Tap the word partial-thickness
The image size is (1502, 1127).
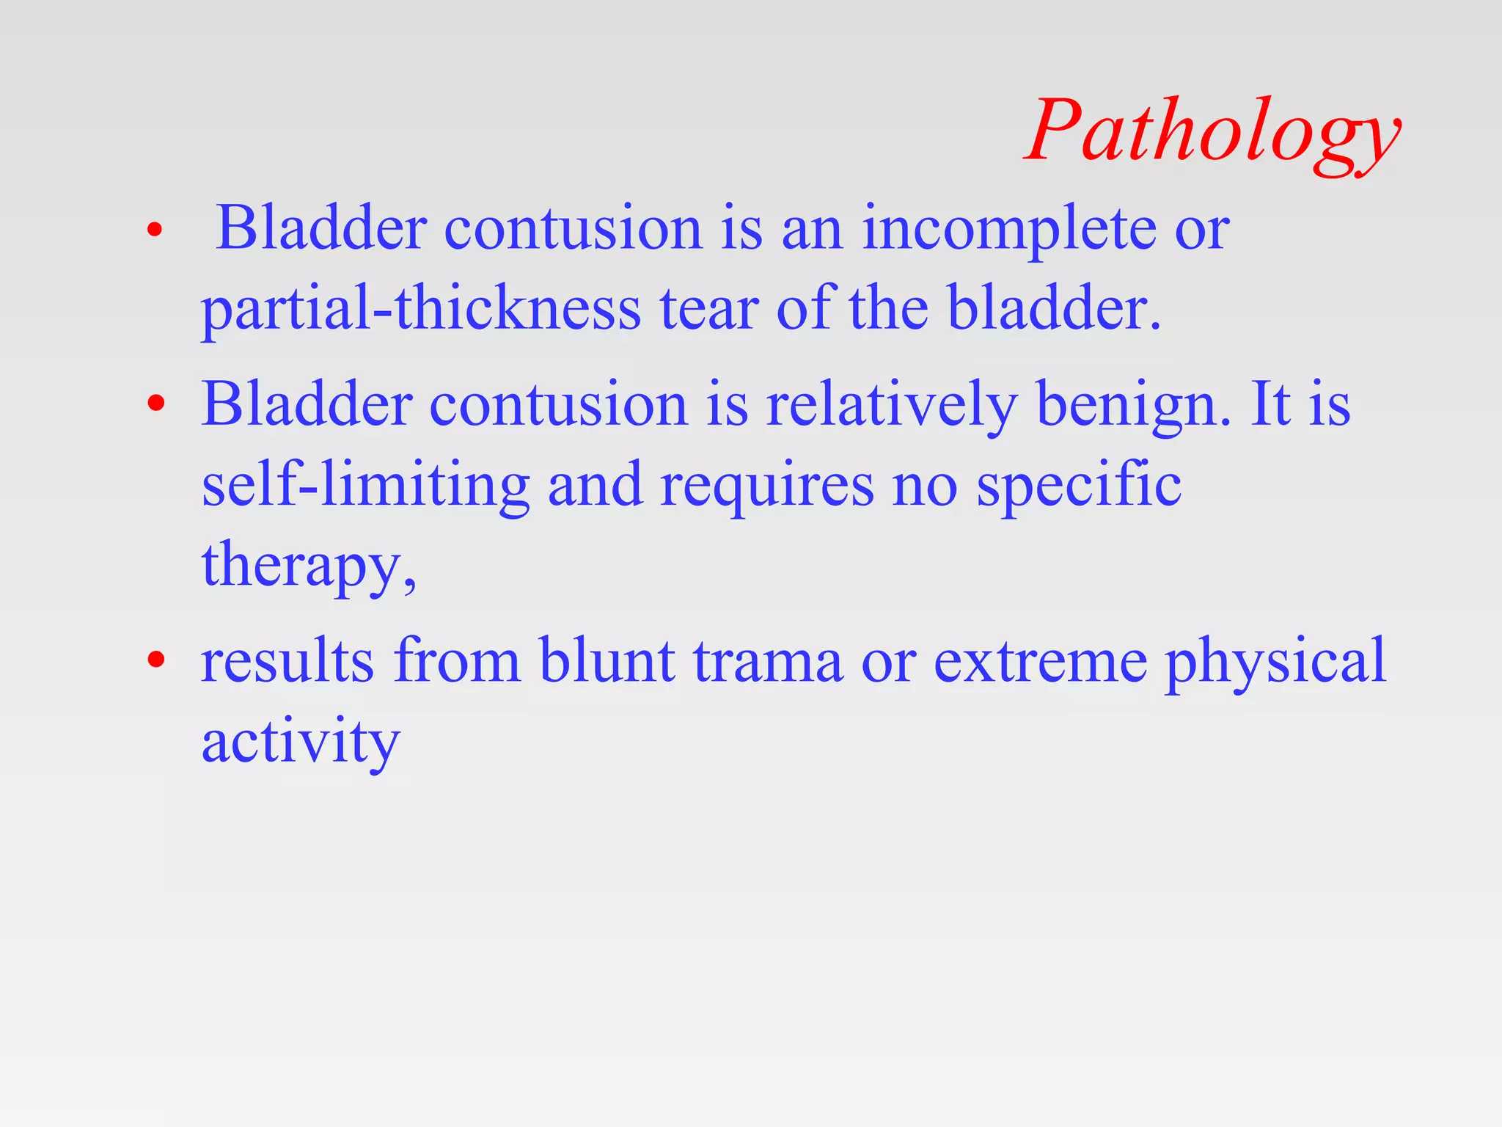click(421, 308)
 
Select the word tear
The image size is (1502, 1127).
click(708, 308)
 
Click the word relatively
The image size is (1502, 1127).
click(891, 405)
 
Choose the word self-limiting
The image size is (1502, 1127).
click(365, 486)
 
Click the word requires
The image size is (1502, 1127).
click(766, 486)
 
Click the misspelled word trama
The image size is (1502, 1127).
click(768, 660)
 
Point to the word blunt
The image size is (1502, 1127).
click(607, 660)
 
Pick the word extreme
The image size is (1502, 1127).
click(1040, 660)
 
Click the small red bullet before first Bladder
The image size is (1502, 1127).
click(154, 230)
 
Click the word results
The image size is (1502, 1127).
click(287, 660)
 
